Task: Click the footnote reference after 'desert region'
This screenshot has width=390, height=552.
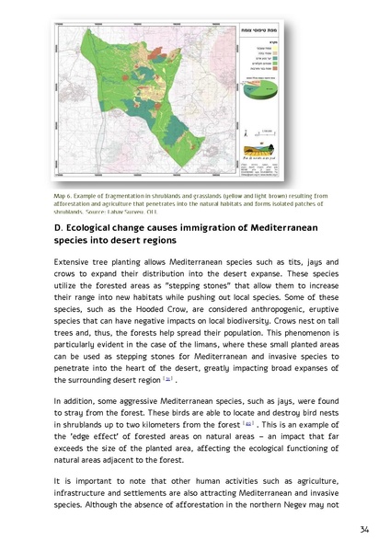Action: [x=166, y=377]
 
